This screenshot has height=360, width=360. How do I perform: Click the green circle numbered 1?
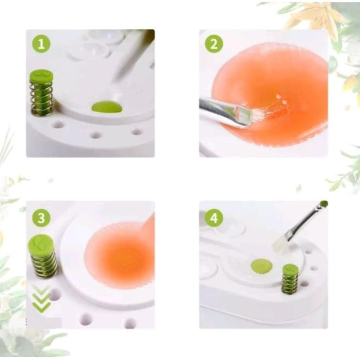(x=41, y=44)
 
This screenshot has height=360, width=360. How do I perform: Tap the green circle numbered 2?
(x=214, y=44)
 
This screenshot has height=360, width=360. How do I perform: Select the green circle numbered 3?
(x=41, y=218)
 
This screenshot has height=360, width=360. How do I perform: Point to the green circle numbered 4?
(x=214, y=218)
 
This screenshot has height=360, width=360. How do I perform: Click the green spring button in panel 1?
(x=41, y=76)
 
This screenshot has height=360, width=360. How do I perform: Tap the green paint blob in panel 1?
(x=107, y=108)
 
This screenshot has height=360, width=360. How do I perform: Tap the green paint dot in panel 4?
(x=262, y=266)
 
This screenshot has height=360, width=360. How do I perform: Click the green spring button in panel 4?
(x=290, y=269)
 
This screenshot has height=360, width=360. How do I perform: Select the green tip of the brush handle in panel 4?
(x=323, y=204)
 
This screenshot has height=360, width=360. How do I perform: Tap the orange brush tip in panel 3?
(x=148, y=225)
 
